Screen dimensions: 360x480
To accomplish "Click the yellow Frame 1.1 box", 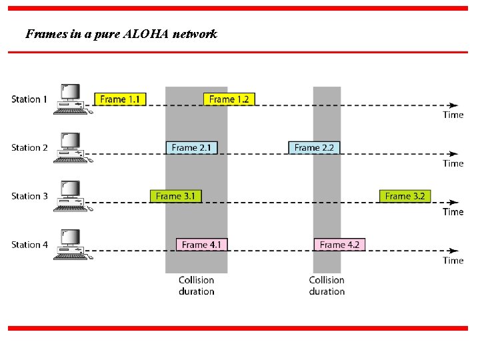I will pyautogui.click(x=120, y=99).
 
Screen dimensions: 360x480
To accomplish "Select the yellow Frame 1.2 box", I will pyautogui.click(x=229, y=99).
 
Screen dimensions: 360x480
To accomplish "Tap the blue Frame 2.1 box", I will pyautogui.click(x=192, y=147).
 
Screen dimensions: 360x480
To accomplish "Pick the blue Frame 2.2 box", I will pyautogui.click(x=314, y=147).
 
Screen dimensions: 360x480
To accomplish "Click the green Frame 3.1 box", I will pyautogui.click(x=175, y=196).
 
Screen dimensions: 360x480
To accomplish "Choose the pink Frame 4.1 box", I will pyautogui.click(x=201, y=245).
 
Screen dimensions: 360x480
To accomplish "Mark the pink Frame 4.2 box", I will pyautogui.click(x=339, y=245).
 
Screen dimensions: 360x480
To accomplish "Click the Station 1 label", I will pyautogui.click(x=29, y=99).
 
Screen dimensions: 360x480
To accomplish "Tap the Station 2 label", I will pyautogui.click(x=29, y=147).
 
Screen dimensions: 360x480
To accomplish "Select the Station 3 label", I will pyautogui.click(x=29, y=196).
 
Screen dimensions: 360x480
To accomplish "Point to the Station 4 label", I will pyautogui.click(x=29, y=245).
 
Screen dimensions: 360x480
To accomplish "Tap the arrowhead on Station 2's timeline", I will pyautogui.click(x=454, y=154).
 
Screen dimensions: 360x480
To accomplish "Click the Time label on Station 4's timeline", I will pyautogui.click(x=453, y=261).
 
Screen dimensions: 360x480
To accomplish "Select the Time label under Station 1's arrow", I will pyautogui.click(x=453, y=115).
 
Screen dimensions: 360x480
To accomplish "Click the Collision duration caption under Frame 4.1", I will pyautogui.click(x=196, y=285).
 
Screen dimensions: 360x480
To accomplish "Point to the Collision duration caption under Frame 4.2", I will pyautogui.click(x=327, y=285).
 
